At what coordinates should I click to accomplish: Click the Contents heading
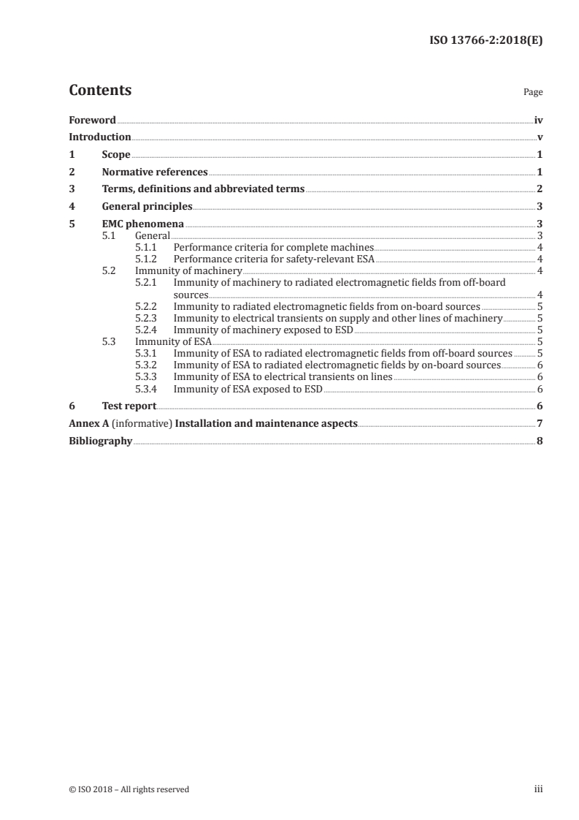(x=100, y=91)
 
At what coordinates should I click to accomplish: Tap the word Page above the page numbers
(x=532, y=93)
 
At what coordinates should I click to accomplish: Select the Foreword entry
(x=92, y=120)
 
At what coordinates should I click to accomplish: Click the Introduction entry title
(x=100, y=137)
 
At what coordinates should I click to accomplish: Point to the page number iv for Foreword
(x=537, y=120)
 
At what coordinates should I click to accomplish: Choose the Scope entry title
(x=116, y=155)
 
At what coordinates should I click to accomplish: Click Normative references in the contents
(x=155, y=172)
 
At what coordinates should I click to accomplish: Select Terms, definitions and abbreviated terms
(x=203, y=189)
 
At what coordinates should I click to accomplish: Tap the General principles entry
(x=147, y=207)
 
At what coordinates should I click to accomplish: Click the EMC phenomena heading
(x=142, y=224)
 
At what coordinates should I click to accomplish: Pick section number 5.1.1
(x=147, y=248)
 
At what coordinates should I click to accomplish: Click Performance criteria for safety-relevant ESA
(x=274, y=259)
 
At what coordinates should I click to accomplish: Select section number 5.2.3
(x=147, y=319)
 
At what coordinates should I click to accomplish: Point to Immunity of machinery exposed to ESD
(x=263, y=330)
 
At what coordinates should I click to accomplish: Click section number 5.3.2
(x=147, y=365)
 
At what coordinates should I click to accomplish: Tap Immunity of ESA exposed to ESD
(x=248, y=388)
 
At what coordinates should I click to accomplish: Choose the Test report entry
(x=129, y=406)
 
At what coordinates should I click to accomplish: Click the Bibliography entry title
(x=100, y=441)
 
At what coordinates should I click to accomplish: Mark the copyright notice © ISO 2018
(x=129, y=789)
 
